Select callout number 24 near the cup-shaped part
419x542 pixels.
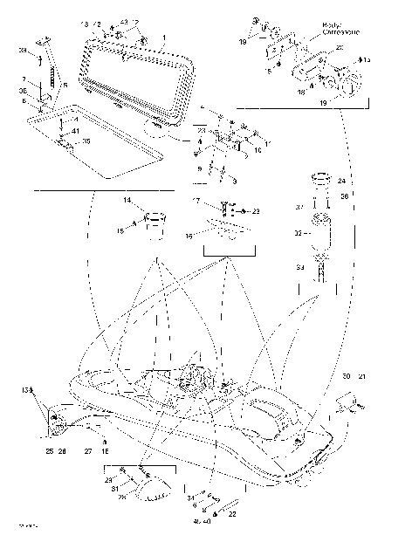[340, 181]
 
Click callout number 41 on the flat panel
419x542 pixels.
[74, 131]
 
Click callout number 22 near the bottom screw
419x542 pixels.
[232, 514]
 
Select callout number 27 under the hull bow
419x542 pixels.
[87, 451]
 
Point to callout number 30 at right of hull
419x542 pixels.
[346, 376]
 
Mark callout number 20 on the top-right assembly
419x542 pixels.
[340, 46]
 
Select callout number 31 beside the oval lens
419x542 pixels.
[113, 489]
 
